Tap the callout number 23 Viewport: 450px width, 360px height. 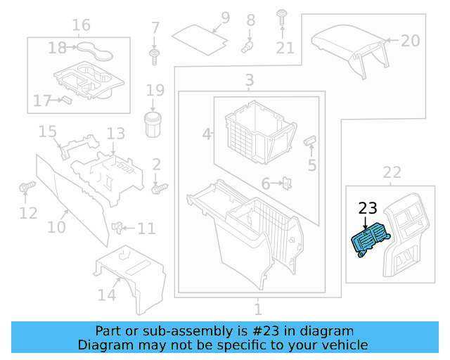[368, 208]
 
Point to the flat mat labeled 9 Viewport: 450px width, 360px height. [201, 36]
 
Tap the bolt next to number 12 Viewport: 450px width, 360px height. [27, 188]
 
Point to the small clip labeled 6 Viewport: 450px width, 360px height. [287, 184]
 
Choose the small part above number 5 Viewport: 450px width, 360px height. [309, 141]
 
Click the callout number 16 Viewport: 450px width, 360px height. [81, 26]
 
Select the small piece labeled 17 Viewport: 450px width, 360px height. [65, 100]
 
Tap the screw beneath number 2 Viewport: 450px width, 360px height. [160, 188]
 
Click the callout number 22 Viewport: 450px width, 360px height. [392, 172]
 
